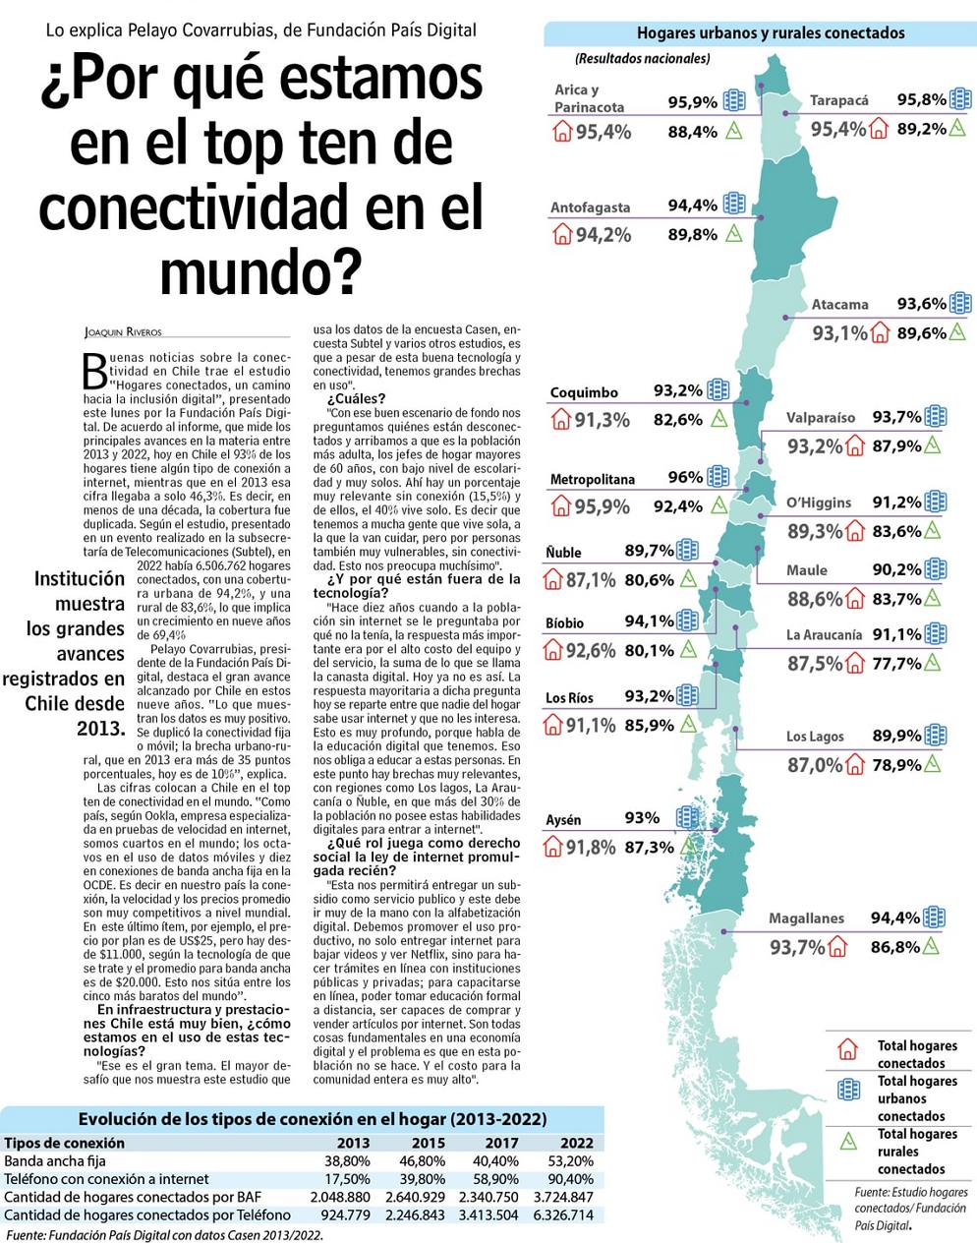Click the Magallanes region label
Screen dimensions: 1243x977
click(806, 917)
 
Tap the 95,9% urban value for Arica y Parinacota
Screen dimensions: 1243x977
click(693, 102)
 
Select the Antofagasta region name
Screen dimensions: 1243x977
click(590, 207)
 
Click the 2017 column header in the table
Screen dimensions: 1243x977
click(501, 1143)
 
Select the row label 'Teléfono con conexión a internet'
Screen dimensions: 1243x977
click(106, 1179)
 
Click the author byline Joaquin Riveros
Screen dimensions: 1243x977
click(123, 332)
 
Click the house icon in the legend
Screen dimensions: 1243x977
click(847, 1050)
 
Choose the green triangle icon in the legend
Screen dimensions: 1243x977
click(846, 1141)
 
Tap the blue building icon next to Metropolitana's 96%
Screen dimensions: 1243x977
click(718, 477)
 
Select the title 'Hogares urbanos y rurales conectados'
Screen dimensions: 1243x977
click(770, 33)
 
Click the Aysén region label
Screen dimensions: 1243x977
click(563, 819)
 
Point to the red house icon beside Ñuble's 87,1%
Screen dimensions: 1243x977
click(553, 580)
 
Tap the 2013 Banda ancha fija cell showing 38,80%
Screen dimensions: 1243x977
click(346, 1161)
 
